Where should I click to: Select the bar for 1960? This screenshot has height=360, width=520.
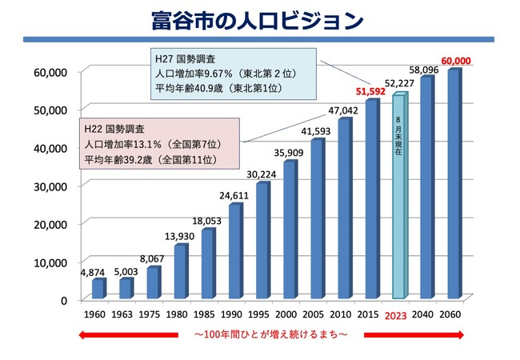point(97,289)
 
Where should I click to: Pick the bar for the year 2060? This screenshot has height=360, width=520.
point(454,184)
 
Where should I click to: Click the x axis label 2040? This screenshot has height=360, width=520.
point(426,315)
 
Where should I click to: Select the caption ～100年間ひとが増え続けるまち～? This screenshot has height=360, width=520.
point(270,333)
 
